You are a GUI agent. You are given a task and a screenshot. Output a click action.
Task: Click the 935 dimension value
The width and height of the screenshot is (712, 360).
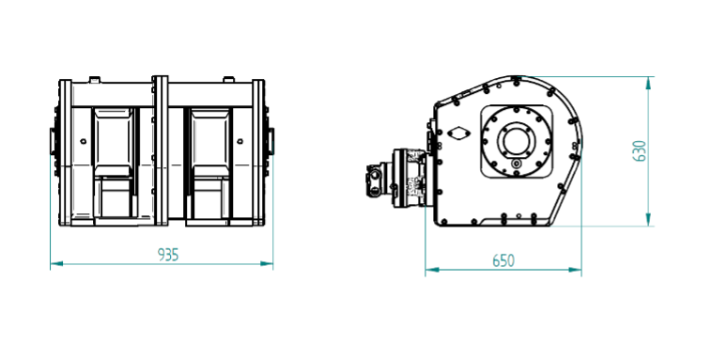point(168,255)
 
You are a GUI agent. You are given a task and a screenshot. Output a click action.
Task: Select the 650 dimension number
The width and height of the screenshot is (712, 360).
point(503,261)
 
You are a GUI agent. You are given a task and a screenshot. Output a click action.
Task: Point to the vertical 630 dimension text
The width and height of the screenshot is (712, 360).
point(640,150)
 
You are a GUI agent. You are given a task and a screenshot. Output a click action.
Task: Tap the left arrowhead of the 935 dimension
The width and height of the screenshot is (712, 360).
point(56,263)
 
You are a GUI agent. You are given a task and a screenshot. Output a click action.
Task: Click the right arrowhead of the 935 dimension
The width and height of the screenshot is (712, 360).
point(267,263)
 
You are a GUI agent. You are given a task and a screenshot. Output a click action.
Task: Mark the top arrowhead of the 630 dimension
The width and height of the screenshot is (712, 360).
point(648,83)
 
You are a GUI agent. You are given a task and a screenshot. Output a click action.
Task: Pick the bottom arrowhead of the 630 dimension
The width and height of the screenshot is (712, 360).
point(648,220)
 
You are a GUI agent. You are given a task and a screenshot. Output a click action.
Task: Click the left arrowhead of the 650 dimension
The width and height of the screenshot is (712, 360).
point(432,270)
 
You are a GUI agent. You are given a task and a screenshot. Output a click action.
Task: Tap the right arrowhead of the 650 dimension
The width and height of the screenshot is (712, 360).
point(575,270)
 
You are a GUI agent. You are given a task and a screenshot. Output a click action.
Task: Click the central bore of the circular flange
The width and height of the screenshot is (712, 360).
point(516,141)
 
